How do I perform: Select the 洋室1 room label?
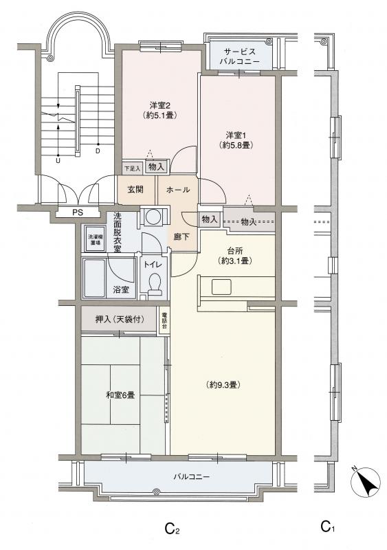click(235, 140)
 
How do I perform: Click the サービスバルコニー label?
click(240, 56)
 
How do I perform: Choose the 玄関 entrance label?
click(135, 190)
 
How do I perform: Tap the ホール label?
click(178, 190)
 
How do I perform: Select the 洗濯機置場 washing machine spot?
click(93, 239)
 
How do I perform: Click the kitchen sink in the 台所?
click(221, 287)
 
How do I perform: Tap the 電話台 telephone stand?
click(164, 320)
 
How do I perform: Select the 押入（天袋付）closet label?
click(120, 320)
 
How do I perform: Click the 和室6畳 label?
click(120, 395)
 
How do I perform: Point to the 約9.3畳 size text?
click(223, 385)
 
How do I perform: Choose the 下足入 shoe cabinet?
click(132, 168)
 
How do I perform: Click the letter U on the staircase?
click(58, 161)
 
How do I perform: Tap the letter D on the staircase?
click(98, 151)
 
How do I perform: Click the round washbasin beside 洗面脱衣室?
click(153, 217)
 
